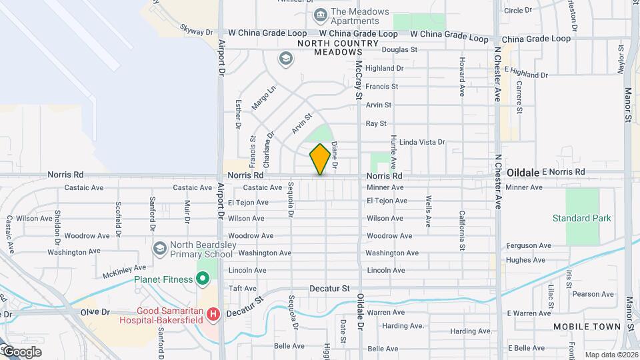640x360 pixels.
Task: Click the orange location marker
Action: point(320,159)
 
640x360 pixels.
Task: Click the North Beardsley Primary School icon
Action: point(159,248)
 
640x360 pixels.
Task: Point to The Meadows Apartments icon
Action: point(320,14)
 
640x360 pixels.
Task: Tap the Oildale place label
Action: point(522,172)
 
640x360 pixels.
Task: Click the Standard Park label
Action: point(581,218)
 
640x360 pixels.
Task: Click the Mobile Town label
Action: point(587,327)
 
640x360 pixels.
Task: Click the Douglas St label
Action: point(399,49)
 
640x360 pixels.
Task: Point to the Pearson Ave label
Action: point(593,294)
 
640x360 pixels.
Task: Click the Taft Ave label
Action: point(243,289)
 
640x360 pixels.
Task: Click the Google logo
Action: point(21,352)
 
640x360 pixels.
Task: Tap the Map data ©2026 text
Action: point(611,355)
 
